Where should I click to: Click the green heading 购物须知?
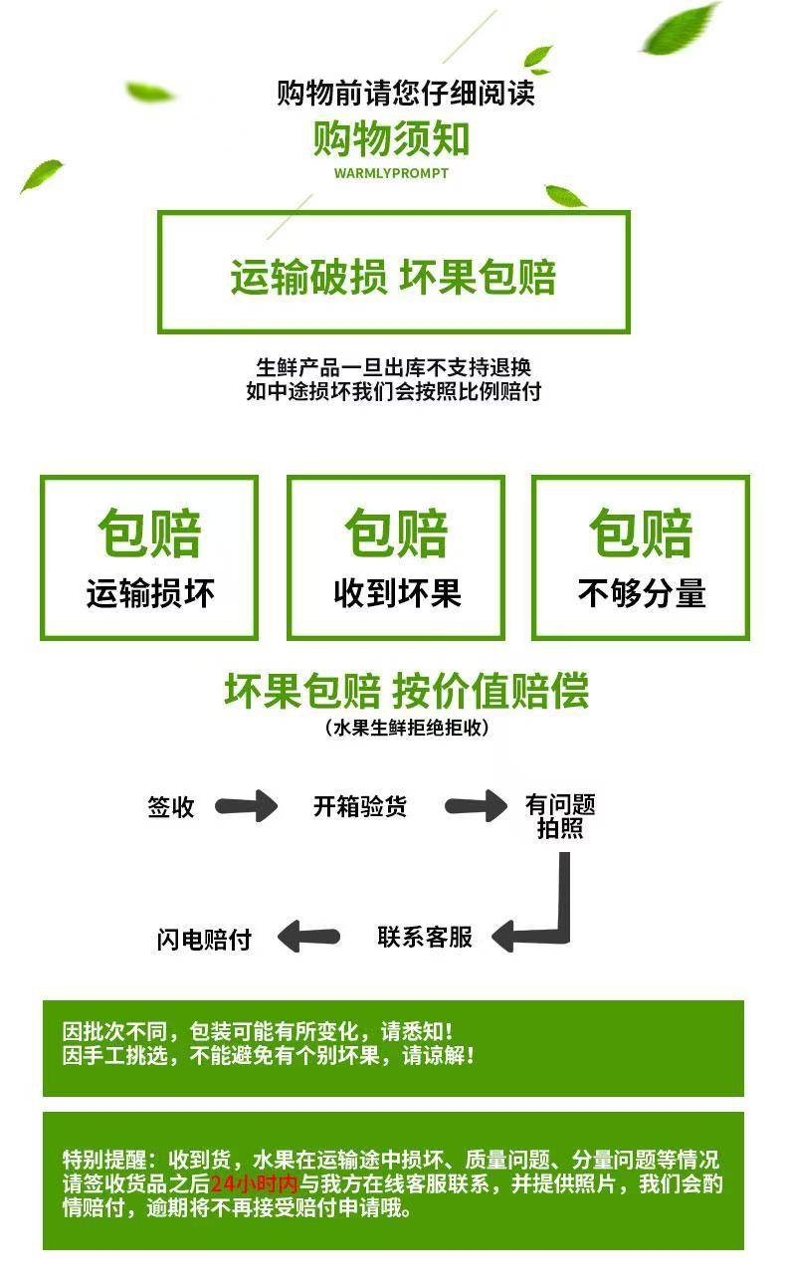pos(391,138)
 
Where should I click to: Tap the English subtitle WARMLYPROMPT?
pos(391,173)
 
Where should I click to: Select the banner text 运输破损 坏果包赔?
pos(393,277)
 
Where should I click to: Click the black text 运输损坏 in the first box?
pos(150,593)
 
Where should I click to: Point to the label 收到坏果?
pos(398,593)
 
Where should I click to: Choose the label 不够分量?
pos(642,593)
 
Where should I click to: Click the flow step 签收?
pos(170,807)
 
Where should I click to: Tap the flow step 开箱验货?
pos(360,806)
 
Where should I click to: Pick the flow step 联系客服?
pos(425,938)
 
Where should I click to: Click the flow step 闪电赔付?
pos(204,940)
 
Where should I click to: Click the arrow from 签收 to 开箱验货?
pos(246,806)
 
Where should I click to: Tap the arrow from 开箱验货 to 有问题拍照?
pos(476,806)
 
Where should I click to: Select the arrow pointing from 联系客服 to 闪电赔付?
pos(308,937)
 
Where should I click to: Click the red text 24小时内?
pos(255,1183)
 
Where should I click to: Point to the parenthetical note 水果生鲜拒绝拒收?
pos(407,728)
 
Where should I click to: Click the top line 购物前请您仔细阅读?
pos(406,94)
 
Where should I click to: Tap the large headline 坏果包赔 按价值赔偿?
pos(406,691)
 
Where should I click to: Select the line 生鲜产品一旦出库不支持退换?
pos(394,367)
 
